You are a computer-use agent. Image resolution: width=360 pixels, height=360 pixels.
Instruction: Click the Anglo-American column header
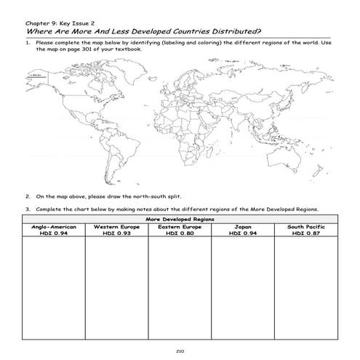[x=53, y=226]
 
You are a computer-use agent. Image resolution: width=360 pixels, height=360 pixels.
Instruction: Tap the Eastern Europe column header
[x=180, y=226]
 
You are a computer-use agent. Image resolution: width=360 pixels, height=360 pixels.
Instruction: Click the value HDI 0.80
[x=180, y=233]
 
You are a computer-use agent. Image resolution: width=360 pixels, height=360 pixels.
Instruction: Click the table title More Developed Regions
[x=180, y=219]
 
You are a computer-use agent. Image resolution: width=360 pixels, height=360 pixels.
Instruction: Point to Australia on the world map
[x=289, y=150]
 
